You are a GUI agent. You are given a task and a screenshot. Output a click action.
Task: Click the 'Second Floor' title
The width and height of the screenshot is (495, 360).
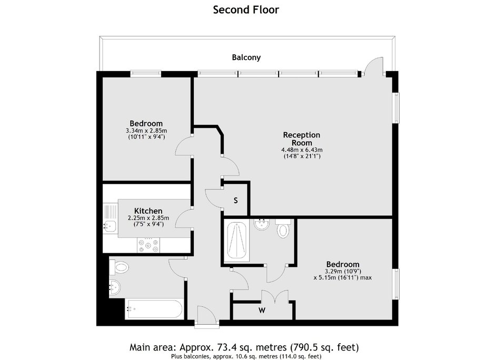pos(246,10)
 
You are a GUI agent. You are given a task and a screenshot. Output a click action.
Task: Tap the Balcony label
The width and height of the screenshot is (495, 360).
pos(246,57)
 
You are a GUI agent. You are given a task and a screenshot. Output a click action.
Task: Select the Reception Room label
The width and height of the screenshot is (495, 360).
pos(302,139)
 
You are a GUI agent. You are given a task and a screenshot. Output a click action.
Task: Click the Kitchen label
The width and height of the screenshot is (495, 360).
pos(148,211)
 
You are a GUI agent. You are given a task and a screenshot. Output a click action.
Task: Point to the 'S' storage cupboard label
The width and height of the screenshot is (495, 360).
pos(235,201)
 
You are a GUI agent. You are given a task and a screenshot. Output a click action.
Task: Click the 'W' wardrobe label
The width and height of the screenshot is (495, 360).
pos(262,311)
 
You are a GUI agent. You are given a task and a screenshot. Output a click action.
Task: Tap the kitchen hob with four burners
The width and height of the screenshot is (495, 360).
pos(148,245)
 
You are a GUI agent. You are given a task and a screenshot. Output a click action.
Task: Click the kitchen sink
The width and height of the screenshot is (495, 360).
pos(110,225)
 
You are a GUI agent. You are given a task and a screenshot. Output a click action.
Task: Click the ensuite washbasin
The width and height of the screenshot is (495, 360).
pos(262,224)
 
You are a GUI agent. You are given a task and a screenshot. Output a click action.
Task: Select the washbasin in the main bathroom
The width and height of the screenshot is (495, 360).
pos(114,288)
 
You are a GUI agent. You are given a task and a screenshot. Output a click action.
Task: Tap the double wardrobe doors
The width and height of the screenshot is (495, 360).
pos(275,297)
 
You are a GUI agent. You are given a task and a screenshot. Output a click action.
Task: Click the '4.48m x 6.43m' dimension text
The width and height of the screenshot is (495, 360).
pos(302,150)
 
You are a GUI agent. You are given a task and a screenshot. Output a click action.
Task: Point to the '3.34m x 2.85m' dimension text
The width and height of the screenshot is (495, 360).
pos(146,131)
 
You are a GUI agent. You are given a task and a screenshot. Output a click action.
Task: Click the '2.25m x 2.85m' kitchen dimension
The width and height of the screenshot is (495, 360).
pos(148,218)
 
